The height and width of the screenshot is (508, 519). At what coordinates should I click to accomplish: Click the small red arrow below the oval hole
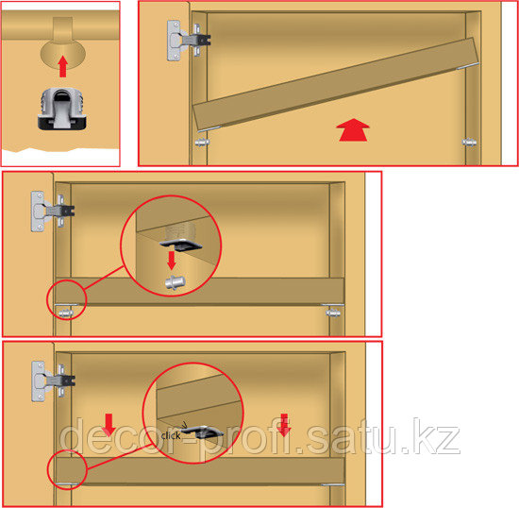pyautogui.click(x=63, y=66)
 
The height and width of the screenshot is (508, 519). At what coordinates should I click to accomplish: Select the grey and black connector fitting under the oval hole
pyautogui.click(x=62, y=109)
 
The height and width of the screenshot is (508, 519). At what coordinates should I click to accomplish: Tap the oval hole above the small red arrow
pyautogui.click(x=63, y=54)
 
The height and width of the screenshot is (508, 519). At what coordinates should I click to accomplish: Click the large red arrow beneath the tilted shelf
pyautogui.click(x=353, y=129)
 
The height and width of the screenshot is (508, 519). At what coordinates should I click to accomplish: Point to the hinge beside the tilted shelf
pyautogui.click(x=188, y=41)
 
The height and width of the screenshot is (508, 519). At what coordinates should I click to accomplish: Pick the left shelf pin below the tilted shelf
pyautogui.click(x=202, y=143)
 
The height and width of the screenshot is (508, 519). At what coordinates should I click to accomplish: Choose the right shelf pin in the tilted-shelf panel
pyautogui.click(x=469, y=143)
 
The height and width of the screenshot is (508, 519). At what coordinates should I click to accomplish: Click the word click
pyautogui.click(x=171, y=435)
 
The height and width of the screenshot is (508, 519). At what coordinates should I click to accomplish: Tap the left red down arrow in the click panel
pyautogui.click(x=109, y=424)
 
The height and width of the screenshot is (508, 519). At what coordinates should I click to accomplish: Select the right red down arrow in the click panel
pyautogui.click(x=284, y=425)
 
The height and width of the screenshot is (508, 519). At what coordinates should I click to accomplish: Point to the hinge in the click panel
pyautogui.click(x=53, y=381)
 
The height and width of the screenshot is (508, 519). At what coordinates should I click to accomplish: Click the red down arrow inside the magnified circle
pyautogui.click(x=172, y=261)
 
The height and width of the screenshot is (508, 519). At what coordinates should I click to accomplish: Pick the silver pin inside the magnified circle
pyautogui.click(x=176, y=282)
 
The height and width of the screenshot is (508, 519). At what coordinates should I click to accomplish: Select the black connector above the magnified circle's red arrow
pyautogui.click(x=181, y=245)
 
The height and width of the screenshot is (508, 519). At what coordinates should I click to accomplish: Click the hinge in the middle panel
pyautogui.click(x=52, y=211)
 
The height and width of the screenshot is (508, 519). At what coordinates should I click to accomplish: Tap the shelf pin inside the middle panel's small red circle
pyautogui.click(x=65, y=313)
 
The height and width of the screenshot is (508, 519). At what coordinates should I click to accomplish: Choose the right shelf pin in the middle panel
pyautogui.click(x=333, y=313)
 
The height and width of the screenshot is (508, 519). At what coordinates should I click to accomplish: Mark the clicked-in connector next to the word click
pyautogui.click(x=201, y=432)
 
